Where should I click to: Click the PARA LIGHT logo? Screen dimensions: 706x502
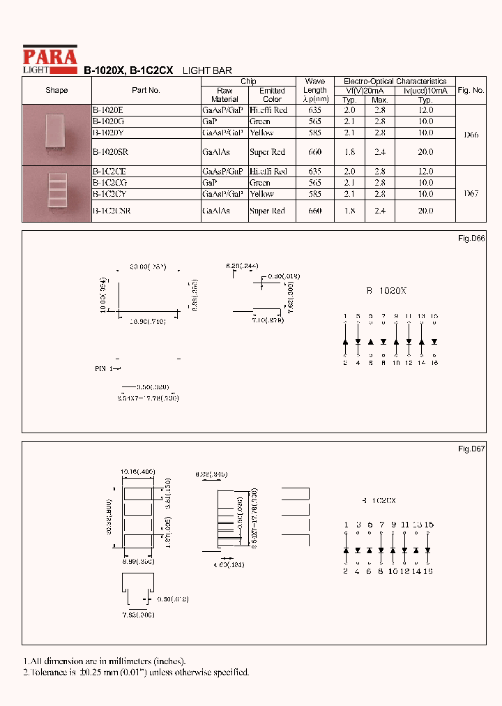click(x=50, y=59)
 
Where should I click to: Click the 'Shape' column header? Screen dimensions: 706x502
click(x=56, y=90)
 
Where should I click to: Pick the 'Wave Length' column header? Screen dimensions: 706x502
click(x=315, y=90)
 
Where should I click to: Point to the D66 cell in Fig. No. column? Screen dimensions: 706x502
click(x=471, y=135)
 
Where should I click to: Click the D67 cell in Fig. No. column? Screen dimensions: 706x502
click(x=471, y=194)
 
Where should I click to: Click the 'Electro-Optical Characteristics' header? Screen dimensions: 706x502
click(x=396, y=81)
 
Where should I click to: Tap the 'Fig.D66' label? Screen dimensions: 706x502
click(x=471, y=239)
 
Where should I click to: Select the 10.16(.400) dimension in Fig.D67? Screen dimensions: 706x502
click(x=137, y=472)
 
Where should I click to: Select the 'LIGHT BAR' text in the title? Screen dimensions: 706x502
click(x=207, y=70)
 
